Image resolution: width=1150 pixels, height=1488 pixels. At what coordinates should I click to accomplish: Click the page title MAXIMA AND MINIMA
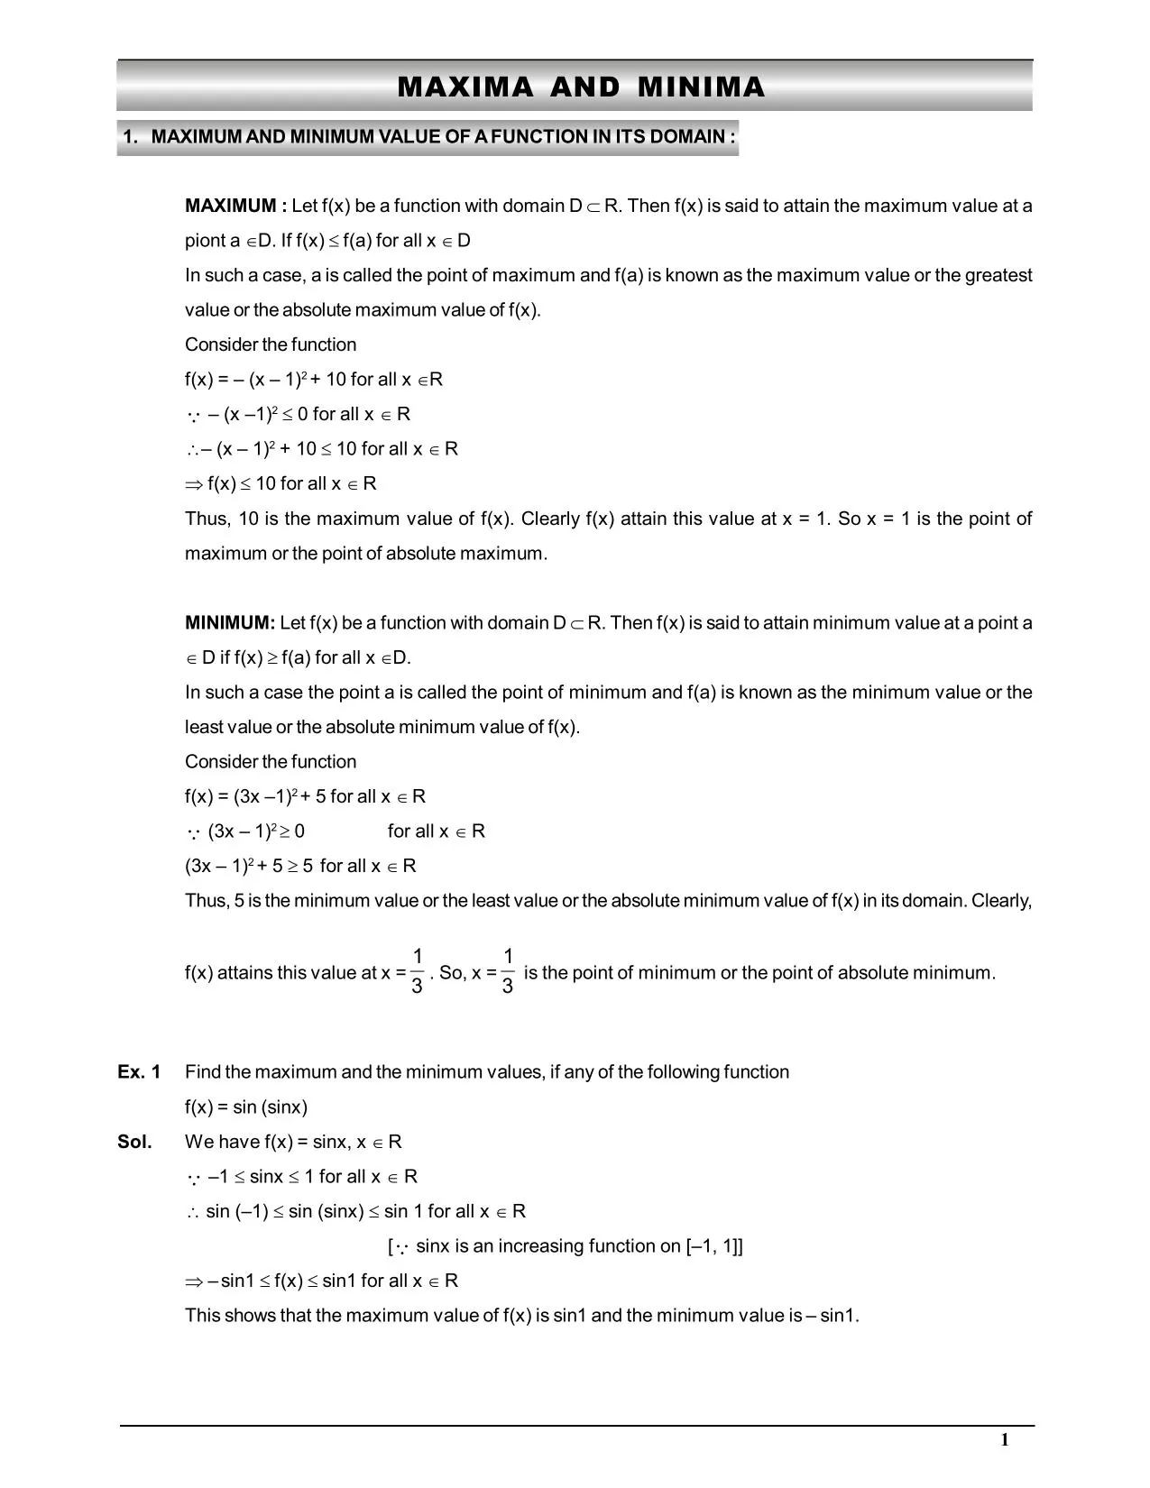581,87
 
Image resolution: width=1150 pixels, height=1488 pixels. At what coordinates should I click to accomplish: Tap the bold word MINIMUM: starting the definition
230,622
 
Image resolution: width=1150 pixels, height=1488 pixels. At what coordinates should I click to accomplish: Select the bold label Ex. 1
139,1071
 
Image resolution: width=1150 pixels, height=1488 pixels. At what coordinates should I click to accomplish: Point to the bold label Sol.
134,1142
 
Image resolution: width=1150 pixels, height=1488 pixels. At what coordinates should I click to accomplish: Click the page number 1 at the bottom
1004,1440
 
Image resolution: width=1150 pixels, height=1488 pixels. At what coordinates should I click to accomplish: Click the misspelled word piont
206,241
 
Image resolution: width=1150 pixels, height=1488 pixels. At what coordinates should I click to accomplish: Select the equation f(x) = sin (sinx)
246,1107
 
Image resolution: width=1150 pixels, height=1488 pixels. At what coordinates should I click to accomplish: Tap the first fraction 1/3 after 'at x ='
417,971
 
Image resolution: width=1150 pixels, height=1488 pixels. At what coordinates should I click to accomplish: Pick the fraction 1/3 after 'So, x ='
508,971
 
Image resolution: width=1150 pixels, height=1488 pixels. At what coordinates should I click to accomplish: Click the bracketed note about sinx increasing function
566,1246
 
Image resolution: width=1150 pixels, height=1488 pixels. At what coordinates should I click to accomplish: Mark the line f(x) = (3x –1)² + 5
305,796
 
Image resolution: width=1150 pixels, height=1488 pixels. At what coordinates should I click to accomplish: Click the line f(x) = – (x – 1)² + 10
313,380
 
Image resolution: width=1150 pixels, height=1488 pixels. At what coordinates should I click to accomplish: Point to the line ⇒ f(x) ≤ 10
281,483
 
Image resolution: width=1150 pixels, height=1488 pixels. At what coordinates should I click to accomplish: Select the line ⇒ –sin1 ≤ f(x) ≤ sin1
321,1281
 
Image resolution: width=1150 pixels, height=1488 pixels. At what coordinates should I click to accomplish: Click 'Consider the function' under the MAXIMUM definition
271,344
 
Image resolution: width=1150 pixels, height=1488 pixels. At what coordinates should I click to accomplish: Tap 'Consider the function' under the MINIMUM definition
271,761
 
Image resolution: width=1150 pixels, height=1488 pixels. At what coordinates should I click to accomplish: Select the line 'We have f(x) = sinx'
293,1142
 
